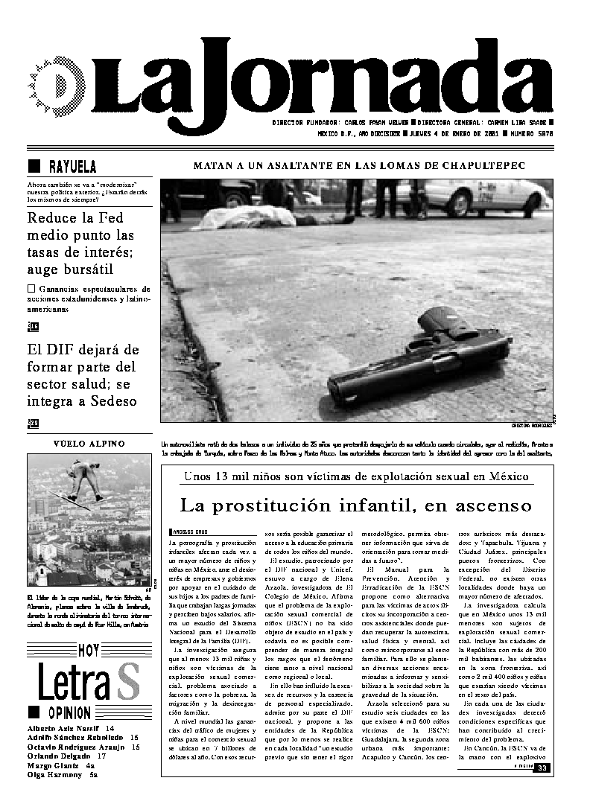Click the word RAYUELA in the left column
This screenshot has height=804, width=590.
(x=72, y=166)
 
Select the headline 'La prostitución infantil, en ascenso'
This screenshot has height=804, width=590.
(x=356, y=505)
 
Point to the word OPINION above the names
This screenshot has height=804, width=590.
(x=69, y=712)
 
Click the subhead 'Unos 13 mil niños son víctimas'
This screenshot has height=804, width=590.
(x=356, y=476)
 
